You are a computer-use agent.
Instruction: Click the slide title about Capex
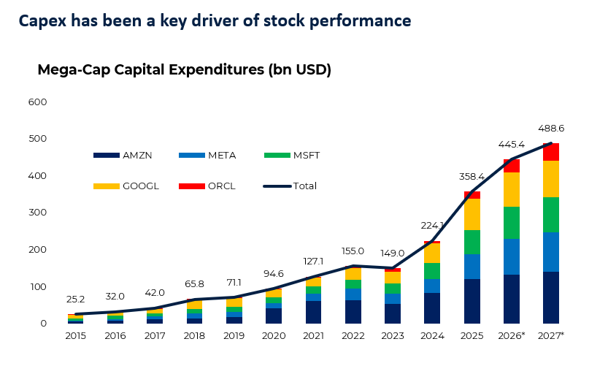point(215,21)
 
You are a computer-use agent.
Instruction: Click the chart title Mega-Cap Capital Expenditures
point(184,70)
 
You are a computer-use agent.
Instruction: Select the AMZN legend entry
point(121,156)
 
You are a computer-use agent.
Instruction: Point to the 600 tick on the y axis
point(38,102)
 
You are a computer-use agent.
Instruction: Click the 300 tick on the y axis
point(38,213)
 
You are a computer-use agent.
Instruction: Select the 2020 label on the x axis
point(274,337)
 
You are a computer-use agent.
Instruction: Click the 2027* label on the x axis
point(551,337)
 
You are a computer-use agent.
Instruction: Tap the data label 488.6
point(551,128)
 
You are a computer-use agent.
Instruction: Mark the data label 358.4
point(472,177)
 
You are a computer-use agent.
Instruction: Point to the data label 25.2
point(76,300)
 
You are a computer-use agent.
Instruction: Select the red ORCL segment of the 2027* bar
point(551,152)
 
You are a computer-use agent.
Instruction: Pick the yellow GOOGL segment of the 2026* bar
point(512,190)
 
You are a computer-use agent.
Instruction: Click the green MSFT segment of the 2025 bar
point(472,242)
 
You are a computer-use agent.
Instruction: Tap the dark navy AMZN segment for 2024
point(432,308)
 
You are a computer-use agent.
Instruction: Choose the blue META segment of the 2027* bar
point(551,252)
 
